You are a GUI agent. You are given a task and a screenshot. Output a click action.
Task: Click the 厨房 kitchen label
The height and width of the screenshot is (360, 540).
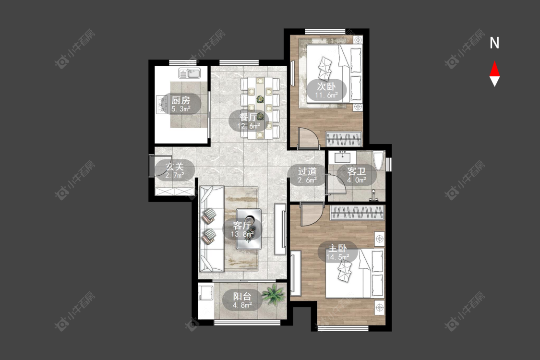tap(181, 104)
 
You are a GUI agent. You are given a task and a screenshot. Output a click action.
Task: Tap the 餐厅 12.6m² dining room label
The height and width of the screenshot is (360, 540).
tap(248, 121)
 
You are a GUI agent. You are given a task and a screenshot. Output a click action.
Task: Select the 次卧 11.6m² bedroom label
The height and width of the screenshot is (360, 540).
tap(326, 90)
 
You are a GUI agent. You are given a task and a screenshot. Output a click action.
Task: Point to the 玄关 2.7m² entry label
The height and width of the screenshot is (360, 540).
tap(175, 170)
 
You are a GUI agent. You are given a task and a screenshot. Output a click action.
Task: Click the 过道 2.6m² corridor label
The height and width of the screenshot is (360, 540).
tap(307, 175)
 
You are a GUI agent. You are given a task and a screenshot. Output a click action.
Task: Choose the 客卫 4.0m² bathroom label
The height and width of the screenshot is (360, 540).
tap(357, 175)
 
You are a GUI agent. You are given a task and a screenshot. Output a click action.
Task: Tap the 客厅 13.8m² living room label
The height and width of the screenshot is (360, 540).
tap(242, 229)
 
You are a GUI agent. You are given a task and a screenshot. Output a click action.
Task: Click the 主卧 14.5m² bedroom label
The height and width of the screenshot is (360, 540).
tap(337, 252)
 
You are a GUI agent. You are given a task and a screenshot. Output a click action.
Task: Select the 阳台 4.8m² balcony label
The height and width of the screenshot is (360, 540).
tap(242, 300)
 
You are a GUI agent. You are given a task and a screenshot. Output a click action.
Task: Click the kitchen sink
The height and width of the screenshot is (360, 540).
tap(190, 73)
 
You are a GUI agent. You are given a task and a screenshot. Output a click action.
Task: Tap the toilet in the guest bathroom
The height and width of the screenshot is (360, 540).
tap(379, 160)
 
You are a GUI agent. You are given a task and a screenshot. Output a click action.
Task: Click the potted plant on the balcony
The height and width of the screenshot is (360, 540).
tap(274, 294)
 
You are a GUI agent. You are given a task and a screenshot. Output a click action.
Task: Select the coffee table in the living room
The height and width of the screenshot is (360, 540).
tap(249, 229)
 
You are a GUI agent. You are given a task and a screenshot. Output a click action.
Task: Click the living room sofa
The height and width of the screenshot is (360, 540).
tap(212, 229)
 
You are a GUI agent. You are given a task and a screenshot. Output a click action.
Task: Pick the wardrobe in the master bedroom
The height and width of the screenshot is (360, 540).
tap(358, 213)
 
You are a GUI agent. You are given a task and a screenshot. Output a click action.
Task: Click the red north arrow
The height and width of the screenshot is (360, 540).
tap(494, 69)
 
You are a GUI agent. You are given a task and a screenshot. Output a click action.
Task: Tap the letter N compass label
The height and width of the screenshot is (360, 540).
tap(494, 43)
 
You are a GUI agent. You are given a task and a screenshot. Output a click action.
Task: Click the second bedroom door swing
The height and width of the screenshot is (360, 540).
tap(308, 137)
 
